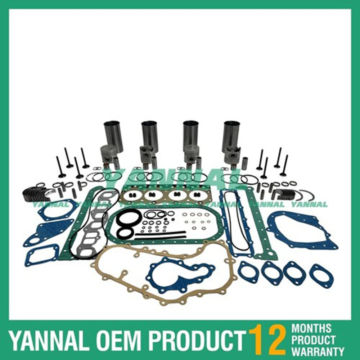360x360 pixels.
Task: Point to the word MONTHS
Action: pos(311,328)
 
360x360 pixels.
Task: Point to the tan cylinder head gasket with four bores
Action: pos(166,196)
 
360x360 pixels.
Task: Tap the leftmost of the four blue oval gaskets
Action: pos(248,272)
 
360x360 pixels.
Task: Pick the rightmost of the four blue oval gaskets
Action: pos(321,276)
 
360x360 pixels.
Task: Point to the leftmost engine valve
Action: pos(59,167)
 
